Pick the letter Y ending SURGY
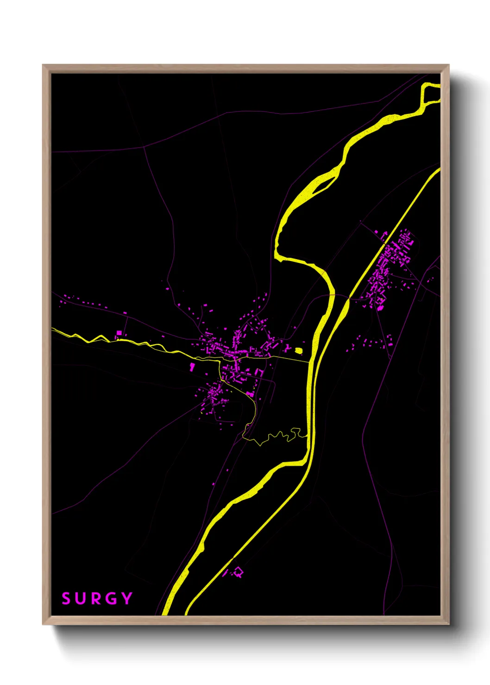[126, 599]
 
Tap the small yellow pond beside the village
[299, 351]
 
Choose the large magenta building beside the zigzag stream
[119, 333]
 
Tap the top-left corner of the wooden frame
[43, 65]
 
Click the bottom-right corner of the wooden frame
[448, 624]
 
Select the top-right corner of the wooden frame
[448, 65]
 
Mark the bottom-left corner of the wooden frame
[43, 624]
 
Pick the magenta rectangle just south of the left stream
[192, 367]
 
